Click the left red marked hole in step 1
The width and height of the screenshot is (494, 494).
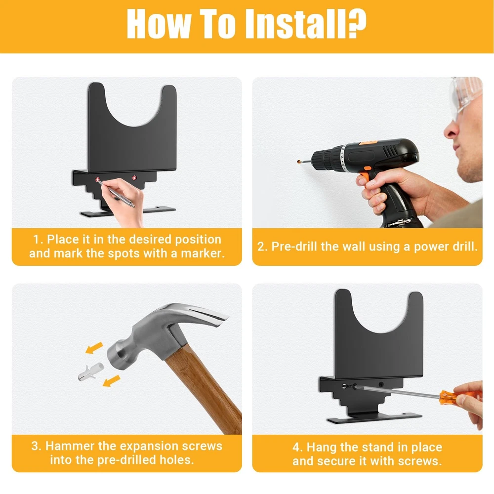pyautogui.click(x=98, y=180)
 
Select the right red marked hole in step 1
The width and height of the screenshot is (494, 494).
pyautogui.click(x=134, y=178)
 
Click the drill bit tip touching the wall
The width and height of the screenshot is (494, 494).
pyautogui.click(x=299, y=162)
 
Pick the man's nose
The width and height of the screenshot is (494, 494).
pyautogui.click(x=451, y=129)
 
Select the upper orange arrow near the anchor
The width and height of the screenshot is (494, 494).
pyautogui.click(x=94, y=348)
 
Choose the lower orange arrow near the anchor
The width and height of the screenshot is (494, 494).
pyautogui.click(x=112, y=380)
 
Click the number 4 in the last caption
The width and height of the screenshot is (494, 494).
pyautogui.click(x=297, y=448)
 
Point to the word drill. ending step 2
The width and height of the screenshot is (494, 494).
pyautogui.click(x=465, y=247)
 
